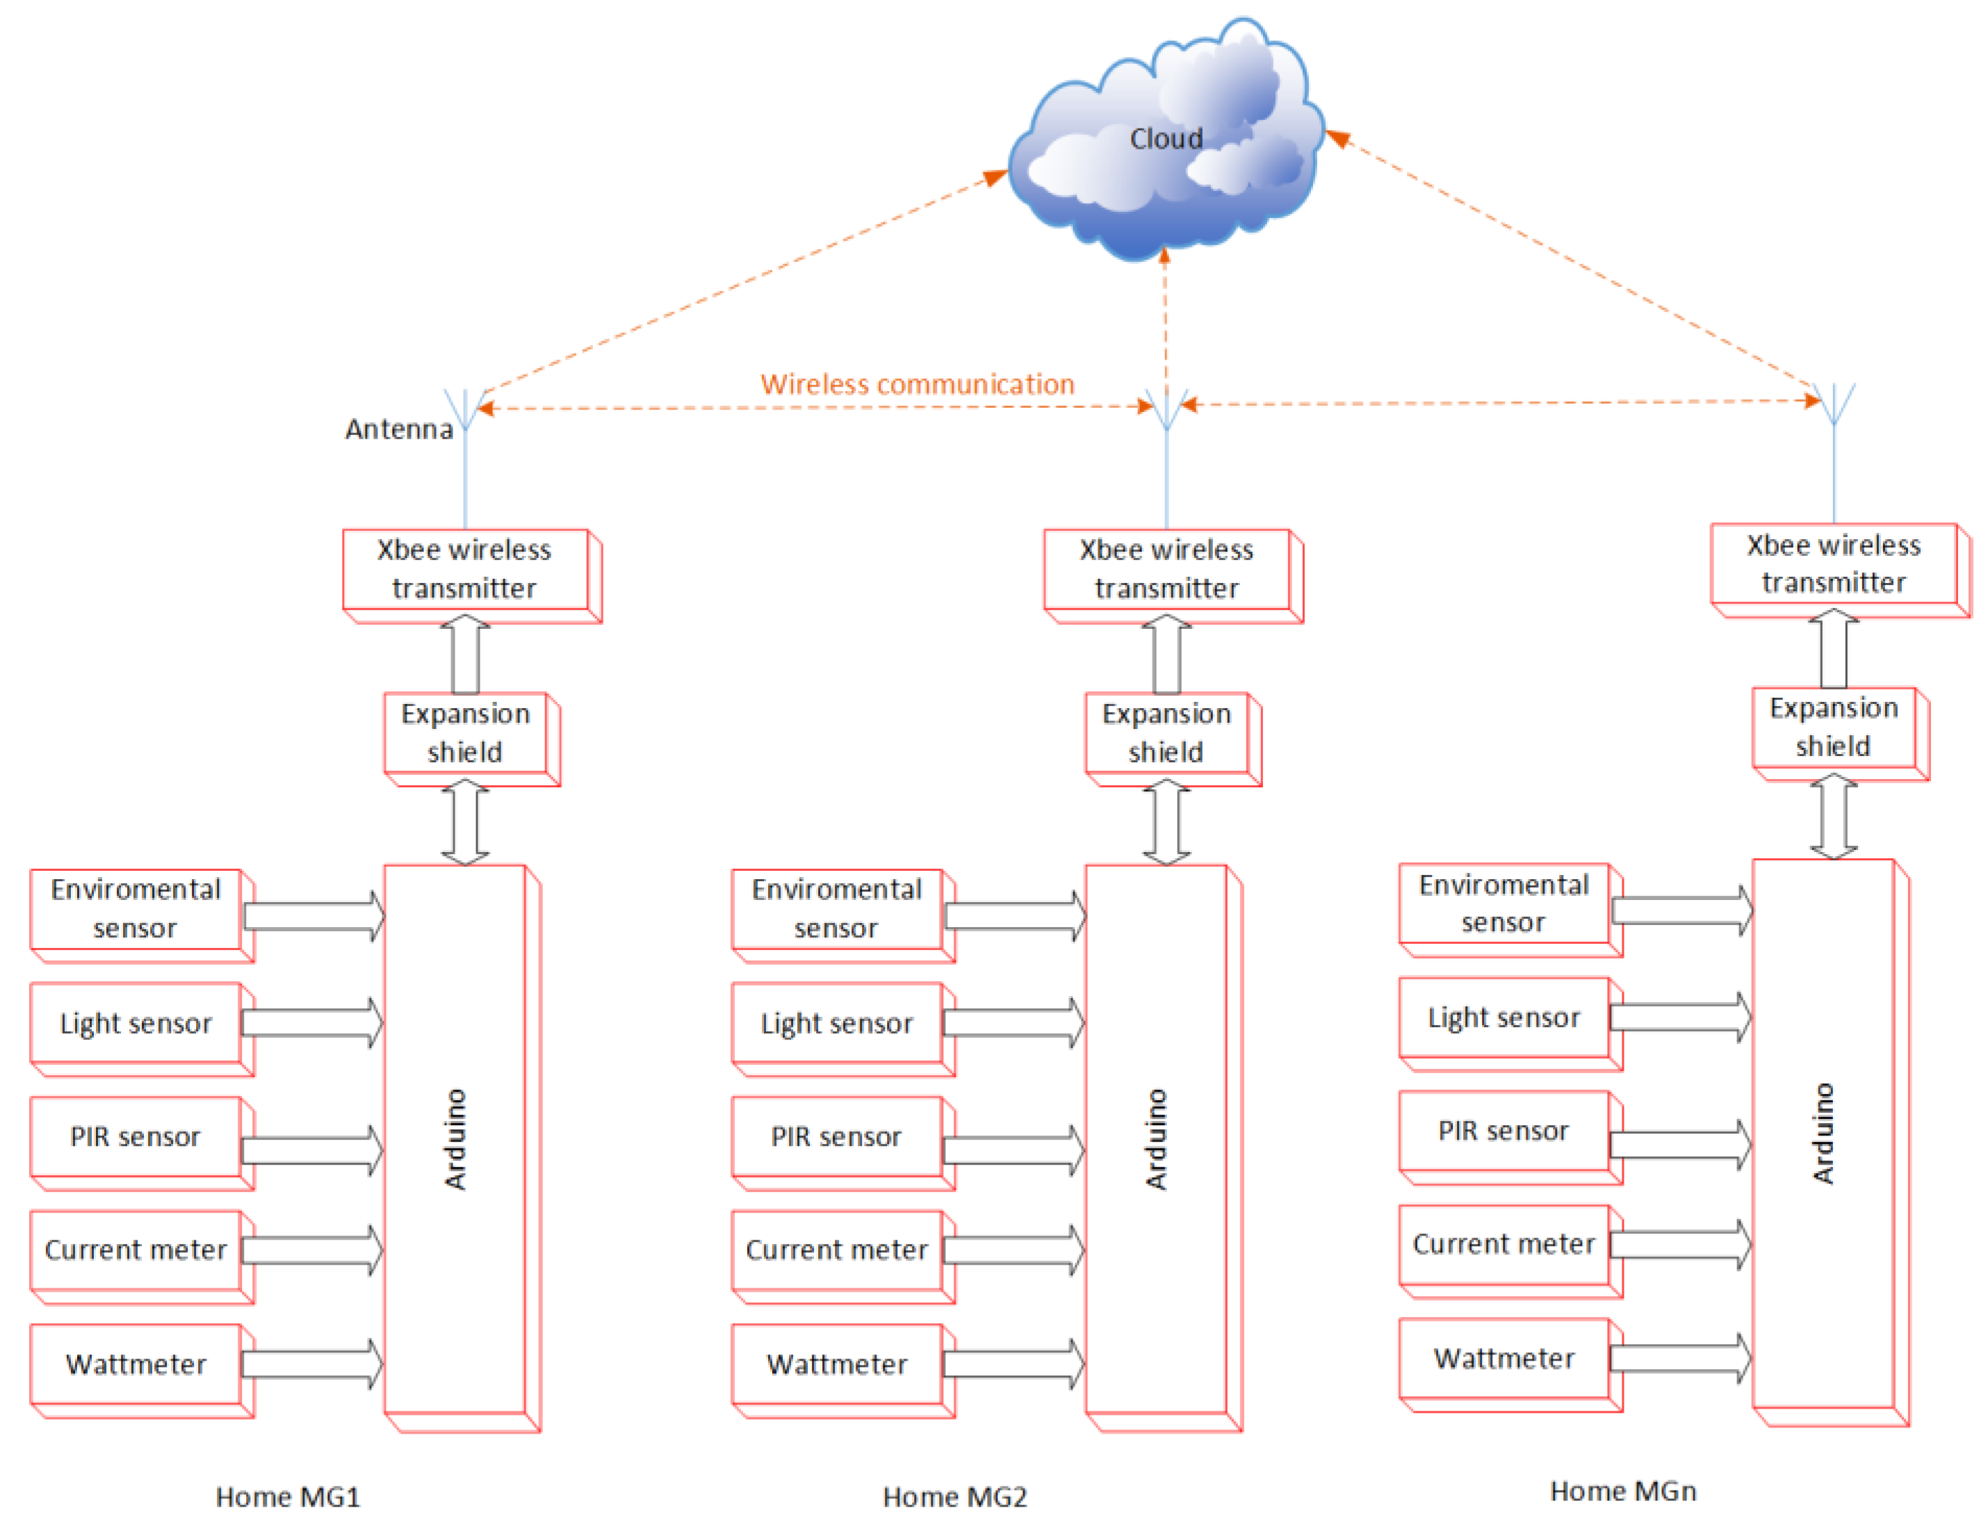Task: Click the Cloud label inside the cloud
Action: [x=1165, y=139]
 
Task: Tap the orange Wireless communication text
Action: [x=916, y=384]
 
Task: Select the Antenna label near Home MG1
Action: [x=398, y=429]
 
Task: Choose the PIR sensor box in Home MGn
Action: [x=1503, y=1131]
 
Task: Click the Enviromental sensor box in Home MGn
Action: [x=1503, y=903]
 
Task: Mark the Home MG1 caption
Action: [x=288, y=1497]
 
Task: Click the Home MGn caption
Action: [x=1622, y=1491]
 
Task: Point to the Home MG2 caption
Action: [x=954, y=1497]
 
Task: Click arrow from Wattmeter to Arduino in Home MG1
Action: [x=311, y=1363]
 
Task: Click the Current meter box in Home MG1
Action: [x=136, y=1250]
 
